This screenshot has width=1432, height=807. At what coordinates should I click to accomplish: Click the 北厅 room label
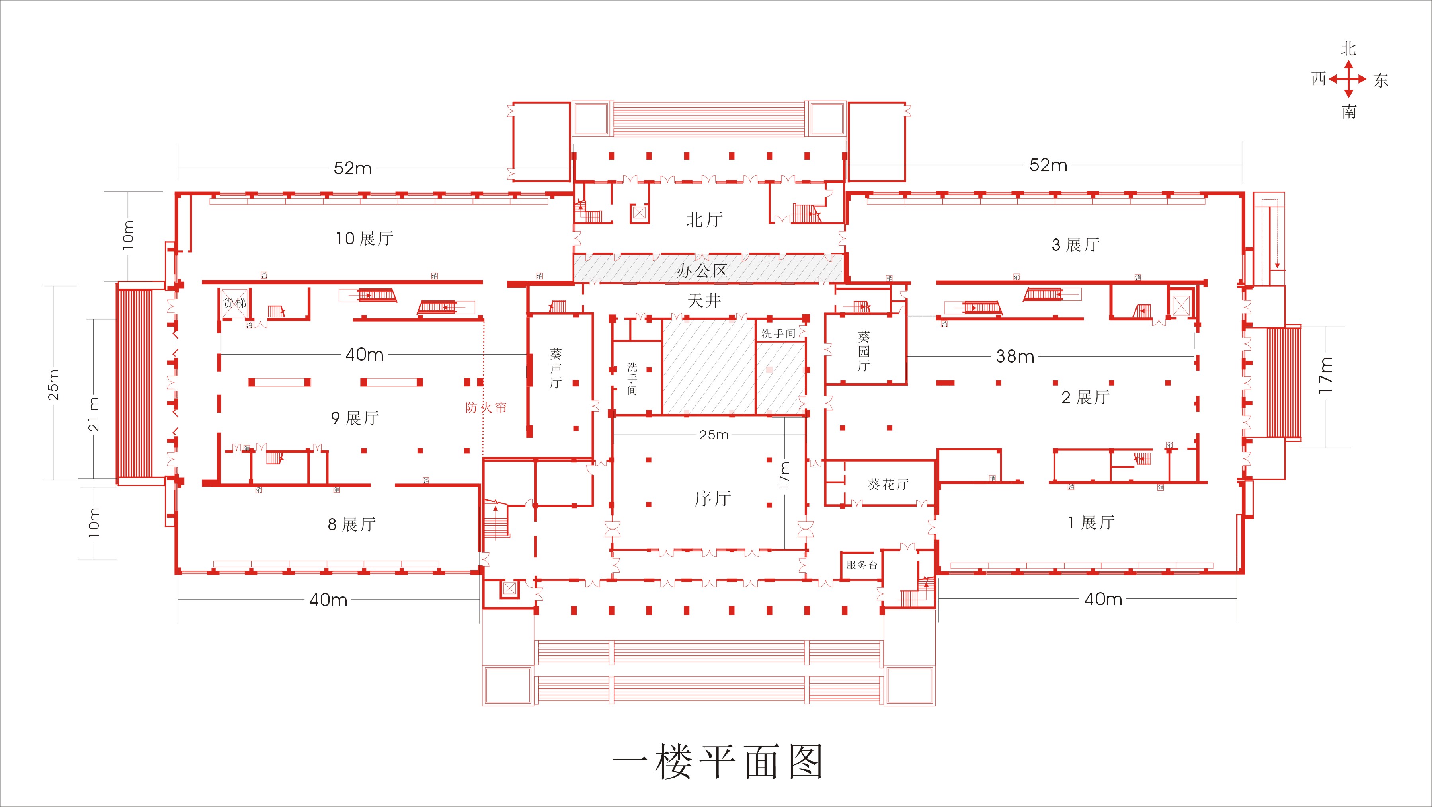704,220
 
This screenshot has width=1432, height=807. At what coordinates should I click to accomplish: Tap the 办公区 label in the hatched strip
702,271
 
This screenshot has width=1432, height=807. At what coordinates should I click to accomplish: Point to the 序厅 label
713,499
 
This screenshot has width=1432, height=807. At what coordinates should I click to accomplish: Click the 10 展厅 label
365,238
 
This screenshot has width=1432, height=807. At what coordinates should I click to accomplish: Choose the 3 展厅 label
1076,245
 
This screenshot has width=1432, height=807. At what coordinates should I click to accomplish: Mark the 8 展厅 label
352,524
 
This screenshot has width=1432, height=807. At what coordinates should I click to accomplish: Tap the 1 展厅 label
1091,522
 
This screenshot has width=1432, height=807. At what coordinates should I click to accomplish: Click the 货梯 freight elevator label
234,303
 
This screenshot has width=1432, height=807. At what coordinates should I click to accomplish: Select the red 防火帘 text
486,407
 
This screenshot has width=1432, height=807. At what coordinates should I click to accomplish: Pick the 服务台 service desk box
861,565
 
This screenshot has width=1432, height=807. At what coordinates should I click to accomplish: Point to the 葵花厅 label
888,484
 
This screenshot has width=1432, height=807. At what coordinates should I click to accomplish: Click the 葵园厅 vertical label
863,351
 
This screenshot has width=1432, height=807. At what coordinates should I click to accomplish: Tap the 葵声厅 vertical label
555,368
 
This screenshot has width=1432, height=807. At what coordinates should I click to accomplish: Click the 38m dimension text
1015,356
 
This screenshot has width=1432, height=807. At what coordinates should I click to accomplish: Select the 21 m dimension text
94,414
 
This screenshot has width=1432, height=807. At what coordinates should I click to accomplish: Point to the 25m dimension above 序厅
714,435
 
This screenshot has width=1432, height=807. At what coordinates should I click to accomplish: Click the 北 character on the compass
1348,49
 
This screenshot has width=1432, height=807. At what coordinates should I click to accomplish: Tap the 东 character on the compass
1381,81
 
